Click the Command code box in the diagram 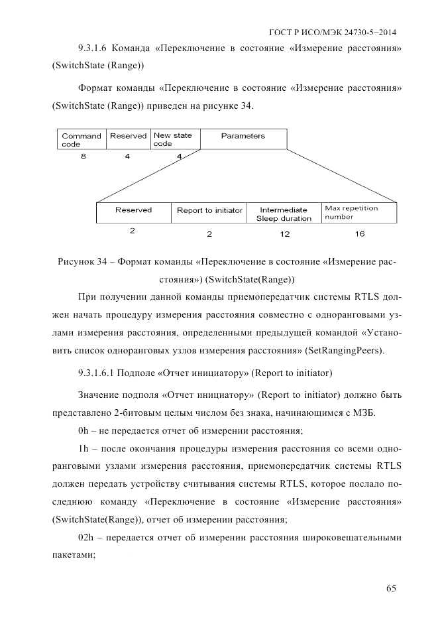tap(82, 139)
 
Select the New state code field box tap(174, 139)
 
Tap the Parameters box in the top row tap(243, 139)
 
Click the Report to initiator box tap(209, 213)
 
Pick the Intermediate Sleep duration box tap(284, 213)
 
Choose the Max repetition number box tap(360, 213)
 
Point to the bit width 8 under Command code tap(82, 156)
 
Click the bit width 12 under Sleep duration tap(284, 234)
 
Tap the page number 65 tap(392, 588)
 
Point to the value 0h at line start tap(83, 431)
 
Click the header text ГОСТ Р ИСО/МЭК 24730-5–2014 tap(337, 31)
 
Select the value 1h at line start tap(83, 448)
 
